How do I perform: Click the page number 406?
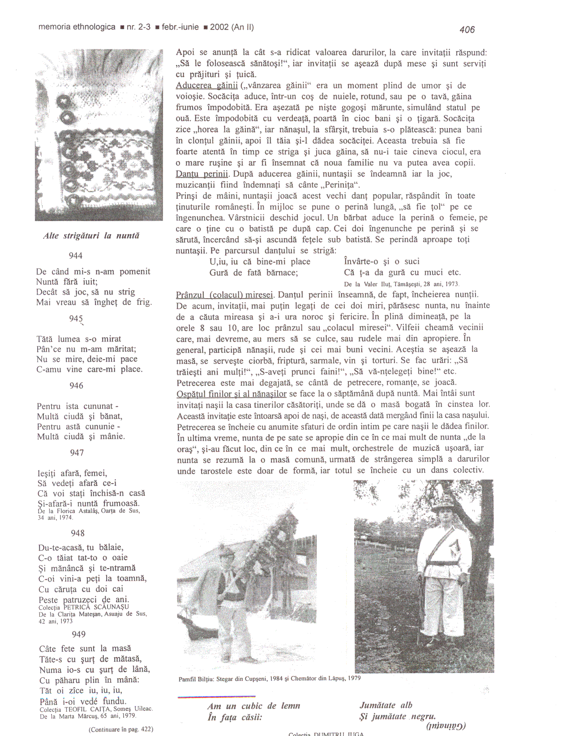pyautogui.click(x=467, y=30)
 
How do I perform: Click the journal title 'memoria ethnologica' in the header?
pyautogui.click(x=77, y=27)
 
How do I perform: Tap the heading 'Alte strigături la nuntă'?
pyautogui.click(x=91, y=235)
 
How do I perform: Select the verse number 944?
pyautogui.click(x=76, y=256)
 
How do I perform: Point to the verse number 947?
pyautogui.click(x=77, y=453)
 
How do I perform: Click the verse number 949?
pyautogui.click(x=78, y=634)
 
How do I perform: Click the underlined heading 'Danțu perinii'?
pyautogui.click(x=202, y=174)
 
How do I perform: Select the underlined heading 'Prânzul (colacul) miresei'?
pyautogui.click(x=224, y=295)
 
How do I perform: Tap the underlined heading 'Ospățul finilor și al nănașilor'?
pyautogui.click(x=232, y=394)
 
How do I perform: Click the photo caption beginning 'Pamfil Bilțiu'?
pyautogui.click(x=270, y=679)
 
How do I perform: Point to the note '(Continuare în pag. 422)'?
pyautogui.click(x=121, y=729)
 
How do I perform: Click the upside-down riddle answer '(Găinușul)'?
pyautogui.click(x=446, y=726)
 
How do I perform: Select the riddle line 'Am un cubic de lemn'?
pyautogui.click(x=254, y=706)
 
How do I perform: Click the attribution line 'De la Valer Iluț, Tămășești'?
pyautogui.click(x=402, y=284)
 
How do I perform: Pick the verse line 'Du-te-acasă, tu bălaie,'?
pyautogui.click(x=81, y=547)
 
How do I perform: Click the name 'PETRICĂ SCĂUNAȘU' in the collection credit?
pyautogui.click(x=96, y=607)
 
